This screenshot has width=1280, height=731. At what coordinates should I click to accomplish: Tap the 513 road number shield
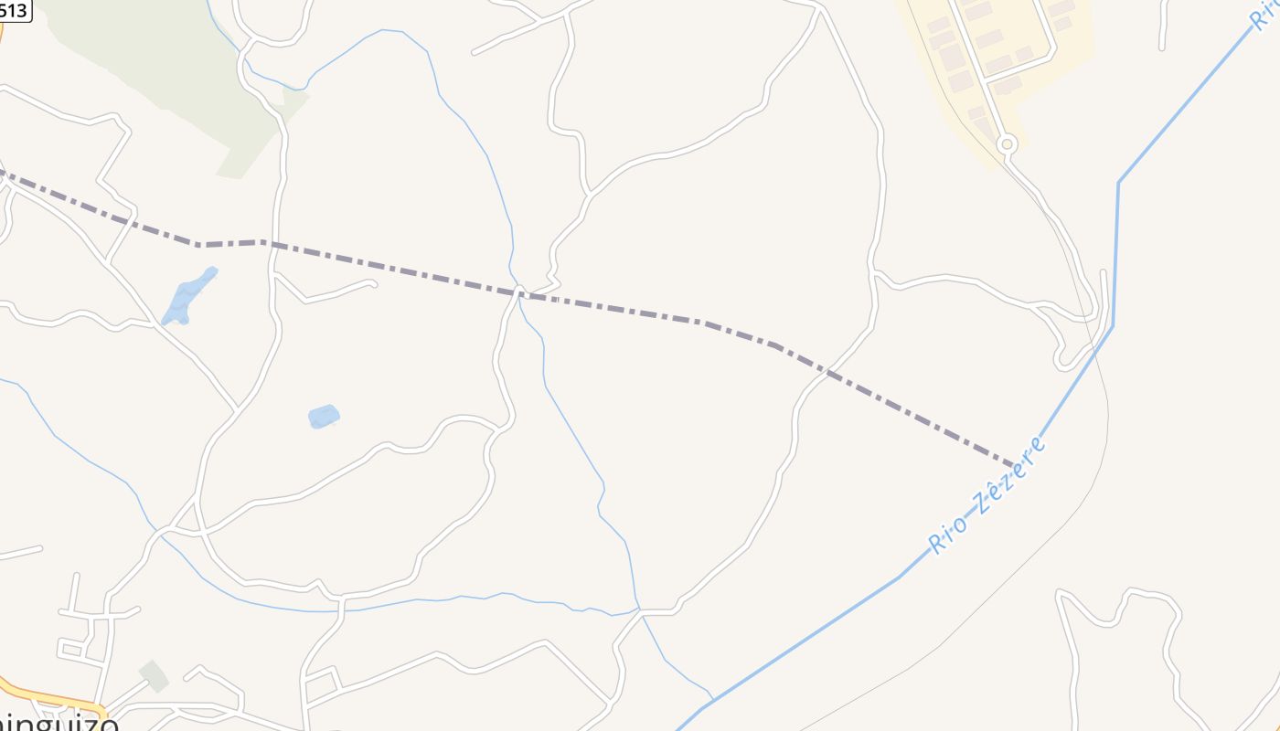point(15,11)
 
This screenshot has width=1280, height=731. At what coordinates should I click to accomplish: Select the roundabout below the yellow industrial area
point(1007,143)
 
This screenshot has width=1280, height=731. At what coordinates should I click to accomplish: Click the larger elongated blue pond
point(188,296)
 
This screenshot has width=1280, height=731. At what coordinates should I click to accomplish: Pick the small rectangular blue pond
point(324,417)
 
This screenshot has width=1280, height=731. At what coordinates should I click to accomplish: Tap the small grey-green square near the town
point(154,676)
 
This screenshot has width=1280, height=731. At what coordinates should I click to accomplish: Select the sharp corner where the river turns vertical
point(1117,183)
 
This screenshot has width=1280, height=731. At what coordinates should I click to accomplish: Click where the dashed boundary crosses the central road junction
point(519,292)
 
